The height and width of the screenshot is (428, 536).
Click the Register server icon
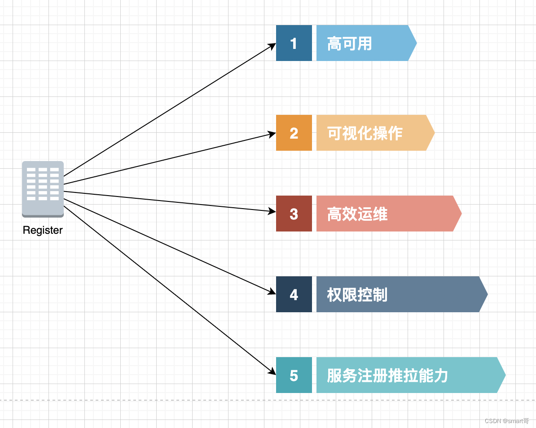[x=43, y=189]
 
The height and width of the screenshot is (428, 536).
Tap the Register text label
[x=43, y=230]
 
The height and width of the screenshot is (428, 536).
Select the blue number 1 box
[x=294, y=43]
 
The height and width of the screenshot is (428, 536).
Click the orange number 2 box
[x=294, y=133]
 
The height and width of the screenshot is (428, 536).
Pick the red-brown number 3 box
[x=294, y=214]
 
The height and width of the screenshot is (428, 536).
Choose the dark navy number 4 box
[x=294, y=294]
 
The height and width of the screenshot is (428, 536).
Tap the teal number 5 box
[x=294, y=375]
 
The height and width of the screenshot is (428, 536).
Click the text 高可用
[x=349, y=44]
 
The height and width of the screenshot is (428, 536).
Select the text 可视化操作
[x=365, y=133]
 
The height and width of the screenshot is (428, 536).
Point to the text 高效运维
[x=357, y=214]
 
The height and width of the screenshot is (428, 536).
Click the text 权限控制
[x=357, y=295]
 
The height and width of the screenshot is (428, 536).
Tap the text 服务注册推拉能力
[x=387, y=376]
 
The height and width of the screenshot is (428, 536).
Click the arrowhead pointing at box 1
[x=272, y=45]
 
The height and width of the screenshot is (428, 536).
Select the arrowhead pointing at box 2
[x=272, y=134]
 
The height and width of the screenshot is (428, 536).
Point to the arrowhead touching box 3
[x=272, y=211]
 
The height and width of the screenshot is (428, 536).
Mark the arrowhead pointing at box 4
[x=272, y=292]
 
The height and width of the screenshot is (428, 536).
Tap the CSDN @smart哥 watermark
[x=507, y=421]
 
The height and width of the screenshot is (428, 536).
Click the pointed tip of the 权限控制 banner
[x=486, y=294]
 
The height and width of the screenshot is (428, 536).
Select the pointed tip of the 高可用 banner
[x=415, y=43]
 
